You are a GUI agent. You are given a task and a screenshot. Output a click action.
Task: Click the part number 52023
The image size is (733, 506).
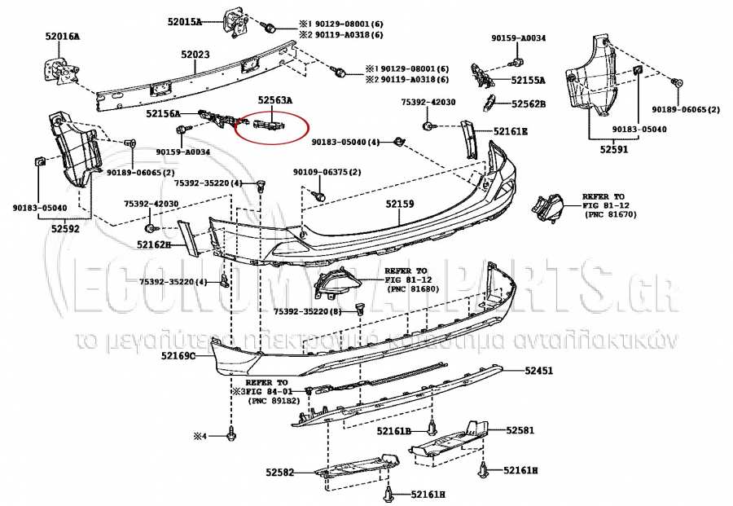pyautogui.click(x=195, y=55)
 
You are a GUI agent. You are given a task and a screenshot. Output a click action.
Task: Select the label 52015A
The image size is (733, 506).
pyautogui.click(x=184, y=22)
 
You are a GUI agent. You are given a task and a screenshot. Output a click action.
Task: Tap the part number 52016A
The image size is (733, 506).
pyautogui.click(x=62, y=37)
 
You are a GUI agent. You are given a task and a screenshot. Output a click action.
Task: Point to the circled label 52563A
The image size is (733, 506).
pyautogui.click(x=274, y=99)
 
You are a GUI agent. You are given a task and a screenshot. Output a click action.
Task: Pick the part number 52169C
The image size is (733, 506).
pyautogui.click(x=178, y=356)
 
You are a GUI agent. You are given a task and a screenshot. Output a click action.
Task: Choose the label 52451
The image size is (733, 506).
pyautogui.click(x=538, y=370)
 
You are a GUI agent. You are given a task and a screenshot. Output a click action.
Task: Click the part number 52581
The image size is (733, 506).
pyautogui.click(x=520, y=429)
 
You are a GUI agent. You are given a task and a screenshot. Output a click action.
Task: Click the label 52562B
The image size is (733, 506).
pyautogui.click(x=528, y=103)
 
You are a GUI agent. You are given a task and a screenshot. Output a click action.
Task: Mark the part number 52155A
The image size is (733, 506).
pyautogui.click(x=528, y=80)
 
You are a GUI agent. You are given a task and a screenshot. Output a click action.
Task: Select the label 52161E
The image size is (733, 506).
pyautogui.click(x=510, y=130)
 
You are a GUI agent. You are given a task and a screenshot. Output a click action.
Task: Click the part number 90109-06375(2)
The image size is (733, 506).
pyautogui.click(x=327, y=172)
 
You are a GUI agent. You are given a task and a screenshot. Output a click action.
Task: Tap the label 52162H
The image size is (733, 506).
pyautogui.click(x=153, y=244)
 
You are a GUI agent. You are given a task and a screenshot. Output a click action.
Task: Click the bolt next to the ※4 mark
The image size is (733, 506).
pyautogui.click(x=231, y=436)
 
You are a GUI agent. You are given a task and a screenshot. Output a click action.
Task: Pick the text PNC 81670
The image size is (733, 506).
pyautogui.click(x=610, y=214)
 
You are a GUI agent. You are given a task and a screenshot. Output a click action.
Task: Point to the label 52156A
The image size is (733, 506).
pyautogui.click(x=163, y=115)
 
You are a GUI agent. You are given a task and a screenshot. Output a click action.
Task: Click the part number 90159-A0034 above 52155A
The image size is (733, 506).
pyautogui.click(x=518, y=38)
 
